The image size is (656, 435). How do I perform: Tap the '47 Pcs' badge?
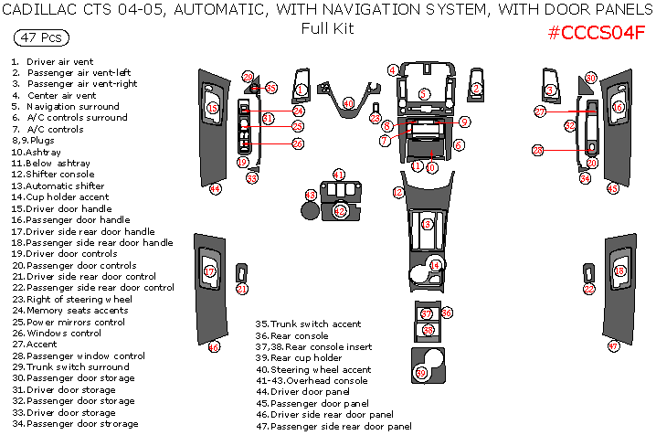(39, 37)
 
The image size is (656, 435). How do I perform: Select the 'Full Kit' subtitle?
(327, 27)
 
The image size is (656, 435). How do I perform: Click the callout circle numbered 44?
(216, 188)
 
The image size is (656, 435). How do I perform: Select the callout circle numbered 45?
(612, 188)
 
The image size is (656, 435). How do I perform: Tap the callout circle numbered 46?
(213, 346)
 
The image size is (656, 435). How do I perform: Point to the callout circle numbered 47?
(614, 346)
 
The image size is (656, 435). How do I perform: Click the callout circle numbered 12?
(397, 193)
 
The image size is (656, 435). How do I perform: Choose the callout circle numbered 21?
(242, 289)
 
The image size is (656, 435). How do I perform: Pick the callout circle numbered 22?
(589, 289)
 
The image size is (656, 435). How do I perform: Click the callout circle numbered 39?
(421, 372)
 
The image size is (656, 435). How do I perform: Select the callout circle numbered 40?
(348, 103)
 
